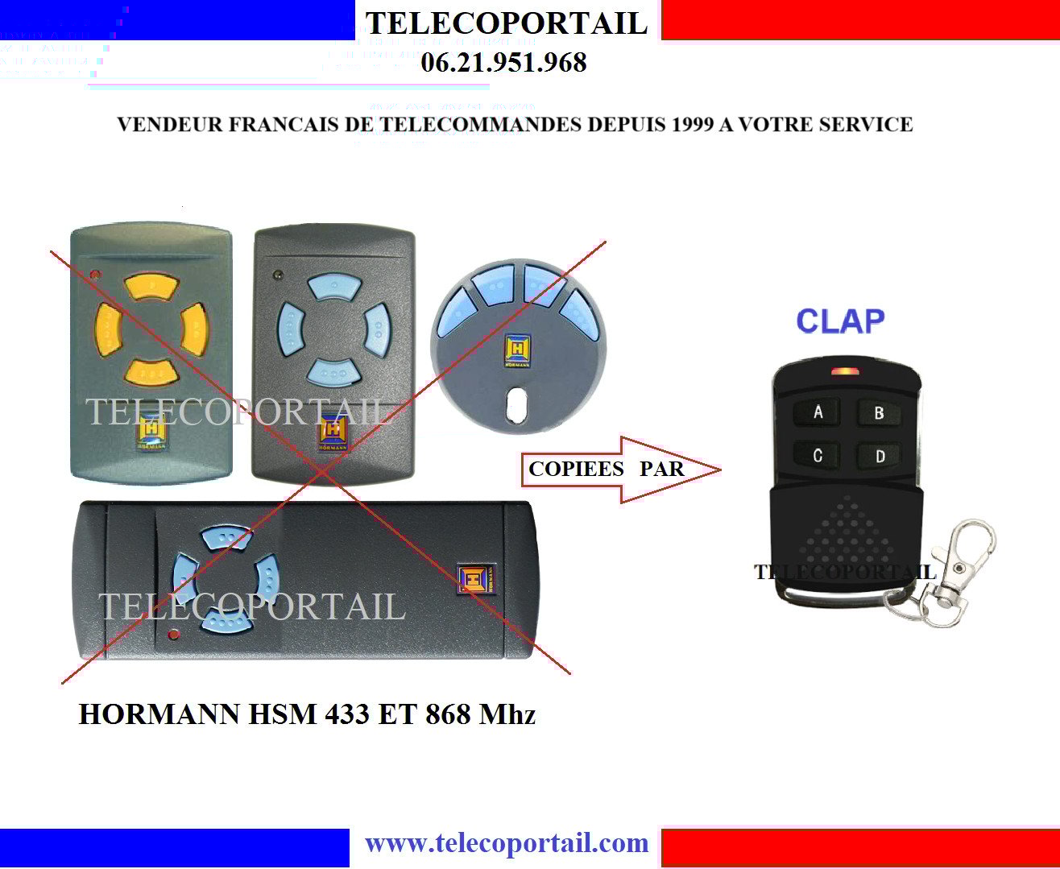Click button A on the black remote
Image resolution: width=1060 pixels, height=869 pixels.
point(817,412)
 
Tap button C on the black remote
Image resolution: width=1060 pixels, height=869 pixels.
point(817,455)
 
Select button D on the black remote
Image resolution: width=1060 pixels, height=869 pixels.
point(880,456)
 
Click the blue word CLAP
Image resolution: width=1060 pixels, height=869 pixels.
point(840,321)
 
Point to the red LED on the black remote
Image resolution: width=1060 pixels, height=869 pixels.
point(845,371)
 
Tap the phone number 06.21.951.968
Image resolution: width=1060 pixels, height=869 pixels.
point(503,63)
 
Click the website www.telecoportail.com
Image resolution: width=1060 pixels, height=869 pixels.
point(507,843)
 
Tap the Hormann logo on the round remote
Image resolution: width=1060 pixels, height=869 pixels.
point(517,350)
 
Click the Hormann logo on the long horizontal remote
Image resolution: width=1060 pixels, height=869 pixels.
point(476,578)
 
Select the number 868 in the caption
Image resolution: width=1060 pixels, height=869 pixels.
point(448,714)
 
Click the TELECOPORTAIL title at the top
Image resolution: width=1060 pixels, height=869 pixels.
point(507,23)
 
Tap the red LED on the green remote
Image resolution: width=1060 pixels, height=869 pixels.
point(96,275)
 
